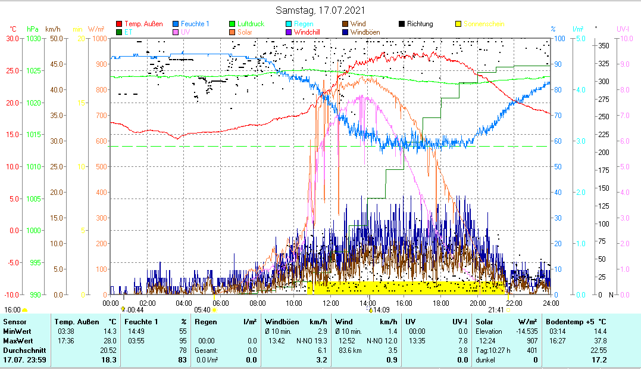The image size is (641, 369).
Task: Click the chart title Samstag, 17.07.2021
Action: click(321, 11)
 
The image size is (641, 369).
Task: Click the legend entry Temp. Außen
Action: click(143, 24)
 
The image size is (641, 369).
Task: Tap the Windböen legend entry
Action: click(367, 32)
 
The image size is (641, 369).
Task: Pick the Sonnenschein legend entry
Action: click(484, 24)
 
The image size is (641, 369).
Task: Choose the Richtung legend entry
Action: click(420, 24)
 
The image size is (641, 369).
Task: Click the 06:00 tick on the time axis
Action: click(221, 303)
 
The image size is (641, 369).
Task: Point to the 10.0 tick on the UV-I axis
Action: click(625, 38)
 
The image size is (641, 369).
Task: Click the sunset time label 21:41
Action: click(496, 310)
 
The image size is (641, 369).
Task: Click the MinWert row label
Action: click(17, 331)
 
